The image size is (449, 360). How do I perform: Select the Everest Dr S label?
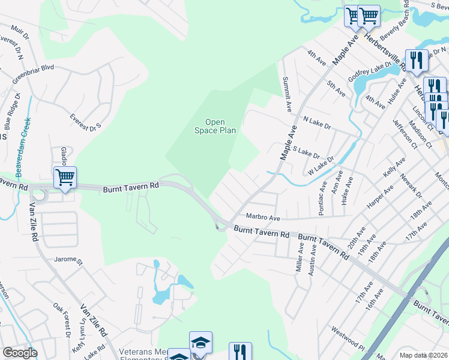coord(86,122)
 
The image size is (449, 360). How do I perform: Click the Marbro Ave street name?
coord(262,217)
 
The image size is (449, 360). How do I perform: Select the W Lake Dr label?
coord(321,165)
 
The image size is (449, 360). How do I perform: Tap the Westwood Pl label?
coord(348,338)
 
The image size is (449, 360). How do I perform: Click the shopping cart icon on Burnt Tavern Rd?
coord(65,178)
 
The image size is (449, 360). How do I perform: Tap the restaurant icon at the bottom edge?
coord(240,352)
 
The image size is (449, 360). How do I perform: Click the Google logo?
coord(20,353)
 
